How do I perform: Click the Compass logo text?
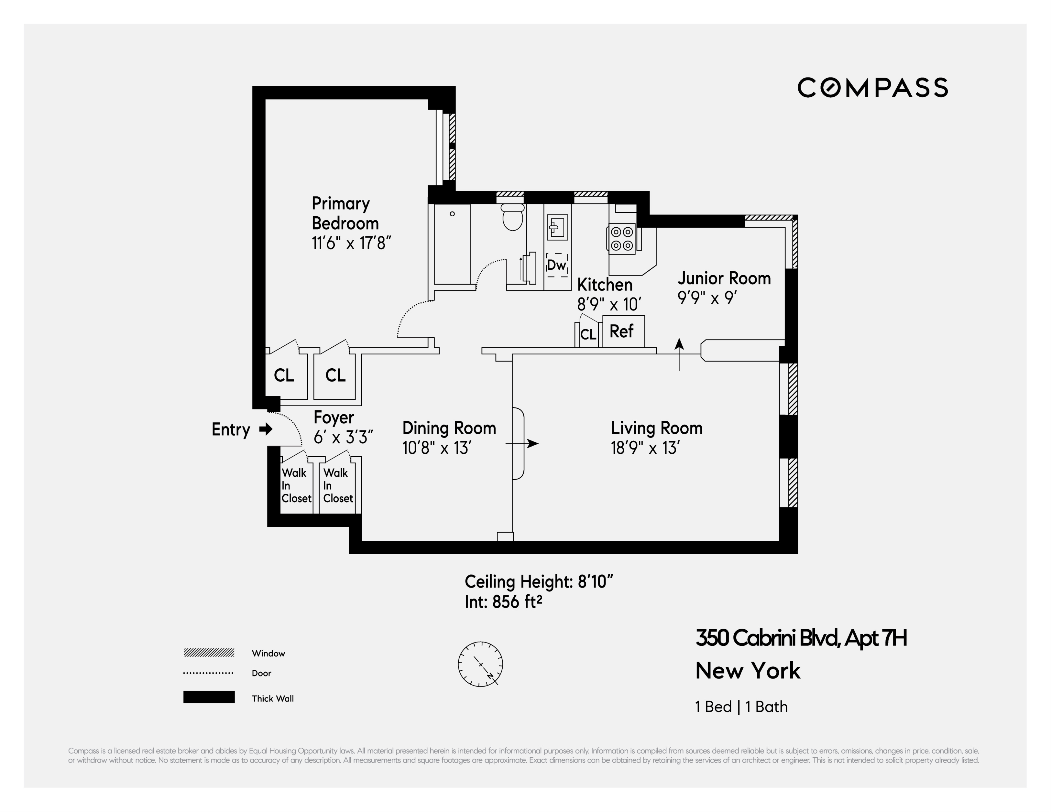(x=872, y=88)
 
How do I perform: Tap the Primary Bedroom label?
(x=345, y=213)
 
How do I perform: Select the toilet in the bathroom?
(x=512, y=217)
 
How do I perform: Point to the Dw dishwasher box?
(x=557, y=265)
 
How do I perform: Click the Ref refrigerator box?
(x=623, y=331)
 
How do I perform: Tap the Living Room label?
(x=656, y=428)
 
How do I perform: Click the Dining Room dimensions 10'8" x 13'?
(x=436, y=448)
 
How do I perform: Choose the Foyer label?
(x=334, y=417)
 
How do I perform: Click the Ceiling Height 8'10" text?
(x=539, y=581)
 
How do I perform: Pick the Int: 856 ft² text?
(x=503, y=602)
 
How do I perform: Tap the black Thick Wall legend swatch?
(x=209, y=697)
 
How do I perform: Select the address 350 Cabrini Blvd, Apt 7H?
(x=801, y=638)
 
